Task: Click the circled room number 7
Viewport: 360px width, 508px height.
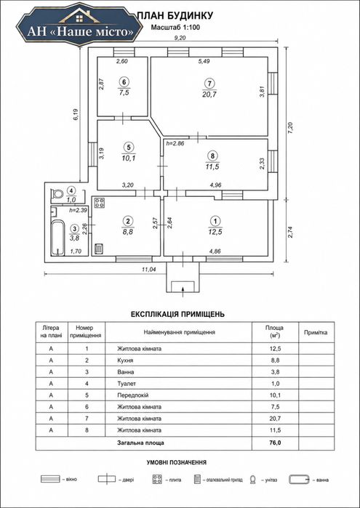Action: [210, 84]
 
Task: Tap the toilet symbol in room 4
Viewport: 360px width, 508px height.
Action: [57, 194]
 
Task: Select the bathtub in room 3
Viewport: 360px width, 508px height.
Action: [58, 238]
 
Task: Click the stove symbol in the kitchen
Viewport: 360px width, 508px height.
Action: [100, 203]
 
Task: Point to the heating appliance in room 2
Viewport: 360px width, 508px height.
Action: [99, 249]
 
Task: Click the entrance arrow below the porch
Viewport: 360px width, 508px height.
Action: [183, 291]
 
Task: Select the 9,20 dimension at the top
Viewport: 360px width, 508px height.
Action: [180, 38]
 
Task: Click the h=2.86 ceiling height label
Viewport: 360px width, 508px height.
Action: [175, 143]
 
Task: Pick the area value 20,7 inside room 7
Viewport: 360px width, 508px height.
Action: [210, 94]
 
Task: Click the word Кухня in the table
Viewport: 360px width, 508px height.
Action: [125, 360]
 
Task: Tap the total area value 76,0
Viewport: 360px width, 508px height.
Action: [275, 443]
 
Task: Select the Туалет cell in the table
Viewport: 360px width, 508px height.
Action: [127, 384]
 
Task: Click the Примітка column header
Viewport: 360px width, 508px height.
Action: [316, 332]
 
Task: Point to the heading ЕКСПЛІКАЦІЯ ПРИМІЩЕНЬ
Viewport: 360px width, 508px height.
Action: [177, 314]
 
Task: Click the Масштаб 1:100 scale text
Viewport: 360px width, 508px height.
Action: [175, 28]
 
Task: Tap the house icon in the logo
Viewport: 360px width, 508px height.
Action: [80, 15]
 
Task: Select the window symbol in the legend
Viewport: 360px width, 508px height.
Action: [50, 479]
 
